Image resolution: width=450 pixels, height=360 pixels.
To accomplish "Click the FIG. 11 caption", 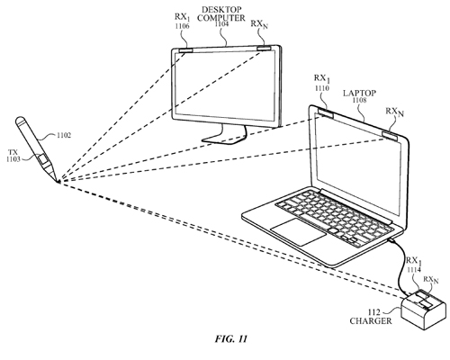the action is [x=231, y=338].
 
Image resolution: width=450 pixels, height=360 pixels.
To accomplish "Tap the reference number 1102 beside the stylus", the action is [x=64, y=135].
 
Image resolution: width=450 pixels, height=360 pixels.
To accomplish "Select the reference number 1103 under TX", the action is [x=13, y=159].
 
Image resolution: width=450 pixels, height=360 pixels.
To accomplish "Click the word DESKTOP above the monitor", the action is [x=221, y=10].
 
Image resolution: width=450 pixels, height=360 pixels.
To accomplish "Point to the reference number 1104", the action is [x=221, y=24].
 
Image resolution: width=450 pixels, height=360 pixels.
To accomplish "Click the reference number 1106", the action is [x=183, y=26].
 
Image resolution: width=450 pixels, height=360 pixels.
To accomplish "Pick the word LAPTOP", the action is [x=359, y=94].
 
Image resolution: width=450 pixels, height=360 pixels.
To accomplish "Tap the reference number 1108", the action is [x=359, y=100].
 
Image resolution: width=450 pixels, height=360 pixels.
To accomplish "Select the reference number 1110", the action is [x=322, y=88].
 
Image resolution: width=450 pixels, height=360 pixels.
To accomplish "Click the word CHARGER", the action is [x=371, y=320].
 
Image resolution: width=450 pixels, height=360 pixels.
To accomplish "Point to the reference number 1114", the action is [x=414, y=270].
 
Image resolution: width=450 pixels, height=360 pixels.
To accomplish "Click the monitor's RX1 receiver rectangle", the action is [x=186, y=50].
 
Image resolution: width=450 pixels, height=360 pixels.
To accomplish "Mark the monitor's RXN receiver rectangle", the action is [x=264, y=48].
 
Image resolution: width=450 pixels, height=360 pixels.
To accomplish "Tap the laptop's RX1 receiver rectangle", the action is [x=326, y=113].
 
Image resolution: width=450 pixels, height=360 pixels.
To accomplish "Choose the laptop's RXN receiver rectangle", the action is [x=391, y=136].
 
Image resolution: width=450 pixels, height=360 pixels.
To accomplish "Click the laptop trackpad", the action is [x=299, y=230].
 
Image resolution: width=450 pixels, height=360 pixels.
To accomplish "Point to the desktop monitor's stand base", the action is [x=224, y=138].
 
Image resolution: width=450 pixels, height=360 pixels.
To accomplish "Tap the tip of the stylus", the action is [x=58, y=182].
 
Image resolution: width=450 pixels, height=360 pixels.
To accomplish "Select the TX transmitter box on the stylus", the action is [x=44, y=159].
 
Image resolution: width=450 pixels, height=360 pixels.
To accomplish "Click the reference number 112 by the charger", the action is [x=375, y=312].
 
